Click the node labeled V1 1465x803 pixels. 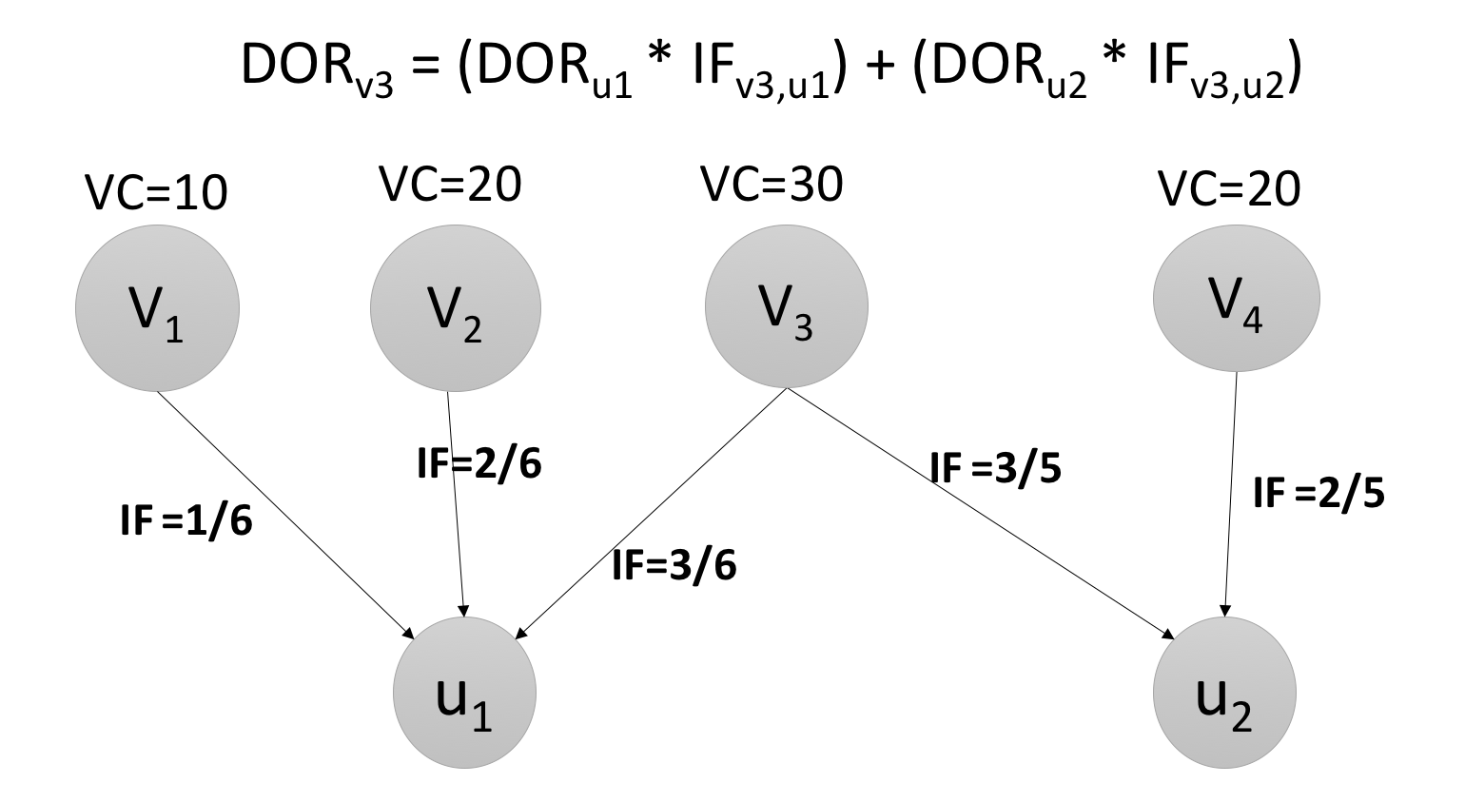coord(157,308)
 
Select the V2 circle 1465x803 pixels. coord(456,308)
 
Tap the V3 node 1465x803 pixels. coord(786,306)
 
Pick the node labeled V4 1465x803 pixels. coord(1236,298)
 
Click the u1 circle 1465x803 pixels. coord(464,692)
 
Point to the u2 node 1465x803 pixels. coord(1224,692)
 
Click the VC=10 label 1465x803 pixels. coord(157,193)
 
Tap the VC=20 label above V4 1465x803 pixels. coord(1229,190)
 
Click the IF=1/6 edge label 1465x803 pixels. coord(186,521)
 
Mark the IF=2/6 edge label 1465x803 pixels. coord(479,464)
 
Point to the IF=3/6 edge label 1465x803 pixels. coord(674,566)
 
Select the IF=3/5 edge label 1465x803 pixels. coord(995,468)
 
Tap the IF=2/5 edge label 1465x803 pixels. coord(1318,494)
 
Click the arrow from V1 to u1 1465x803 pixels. coord(285,515)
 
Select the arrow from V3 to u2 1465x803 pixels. coord(980,513)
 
